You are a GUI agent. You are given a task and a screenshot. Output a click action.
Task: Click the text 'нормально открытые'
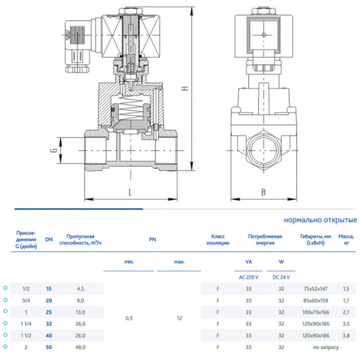tap(320, 220)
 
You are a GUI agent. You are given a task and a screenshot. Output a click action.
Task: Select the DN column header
tap(49, 239)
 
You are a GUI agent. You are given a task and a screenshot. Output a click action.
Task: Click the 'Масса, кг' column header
tap(346, 239)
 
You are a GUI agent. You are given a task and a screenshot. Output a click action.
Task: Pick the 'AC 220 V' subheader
tap(249, 277)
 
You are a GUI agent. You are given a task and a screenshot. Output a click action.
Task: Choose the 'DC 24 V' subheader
tap(281, 277)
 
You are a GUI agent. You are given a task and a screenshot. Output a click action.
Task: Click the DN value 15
tap(49, 289)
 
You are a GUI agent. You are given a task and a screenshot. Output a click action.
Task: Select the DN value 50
tap(49, 348)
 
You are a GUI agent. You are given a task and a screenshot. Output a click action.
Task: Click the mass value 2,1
tap(346, 312)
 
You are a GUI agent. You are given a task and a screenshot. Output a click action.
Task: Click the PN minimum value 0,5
tap(129, 318)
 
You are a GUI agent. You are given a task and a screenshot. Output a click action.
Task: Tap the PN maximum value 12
tap(179, 318)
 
